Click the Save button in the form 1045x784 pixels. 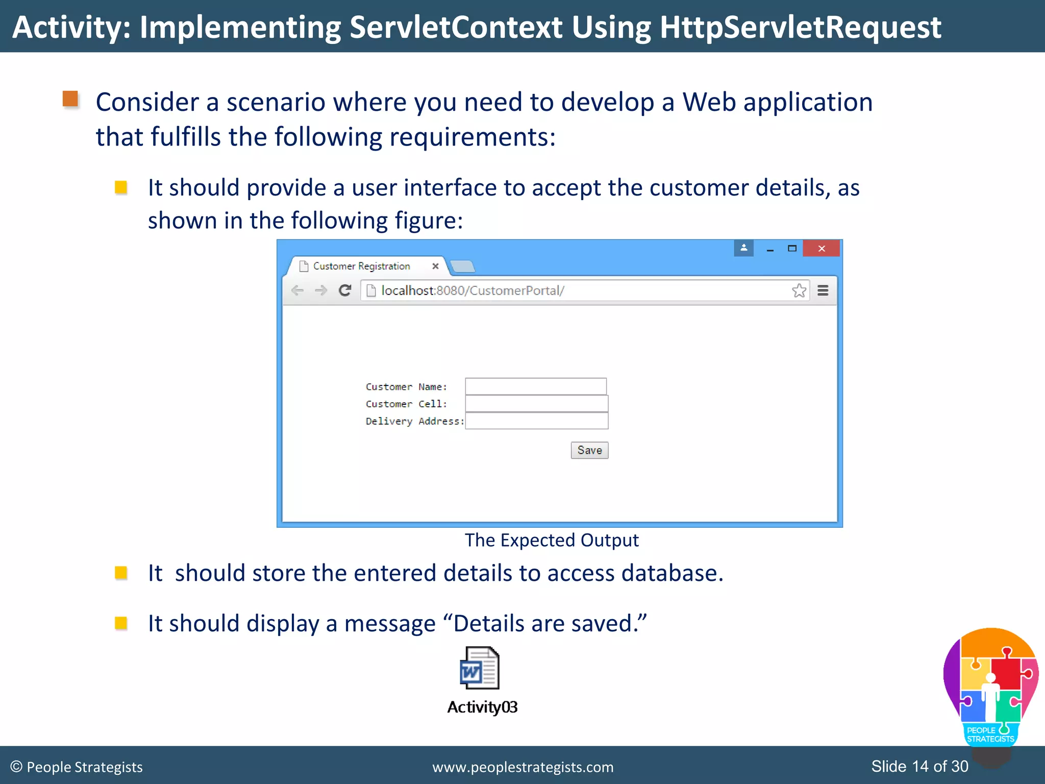click(x=589, y=450)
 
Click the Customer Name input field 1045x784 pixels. click(x=536, y=386)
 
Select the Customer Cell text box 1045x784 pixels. click(x=536, y=404)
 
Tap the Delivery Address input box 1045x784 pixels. click(x=536, y=421)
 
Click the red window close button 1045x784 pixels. click(x=821, y=249)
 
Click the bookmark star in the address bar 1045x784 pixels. click(x=799, y=290)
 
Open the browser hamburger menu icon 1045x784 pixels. click(x=823, y=290)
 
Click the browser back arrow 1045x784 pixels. click(x=297, y=290)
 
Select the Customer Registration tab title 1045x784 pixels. click(x=361, y=266)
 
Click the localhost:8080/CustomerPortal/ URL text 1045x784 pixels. click(x=472, y=290)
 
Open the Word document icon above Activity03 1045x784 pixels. click(x=480, y=668)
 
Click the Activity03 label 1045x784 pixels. click(x=482, y=707)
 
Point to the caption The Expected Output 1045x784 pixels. click(x=552, y=540)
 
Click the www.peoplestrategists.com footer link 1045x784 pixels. click(x=523, y=767)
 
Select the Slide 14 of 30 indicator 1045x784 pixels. click(x=919, y=766)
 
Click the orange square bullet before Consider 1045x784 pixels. click(x=70, y=99)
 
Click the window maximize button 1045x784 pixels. click(x=792, y=249)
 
